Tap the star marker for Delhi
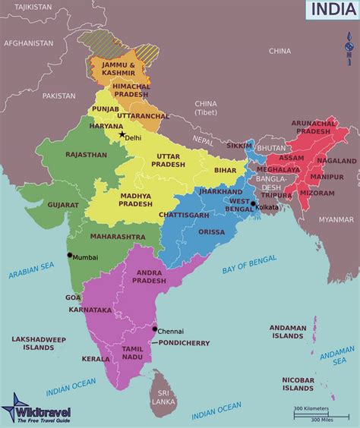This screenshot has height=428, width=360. click(121, 134)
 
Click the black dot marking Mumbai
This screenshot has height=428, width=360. click(70, 255)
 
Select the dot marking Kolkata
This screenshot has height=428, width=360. click(253, 203)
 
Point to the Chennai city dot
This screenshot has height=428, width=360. click(155, 329)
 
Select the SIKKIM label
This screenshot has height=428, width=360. click(239, 144)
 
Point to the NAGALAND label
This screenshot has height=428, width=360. click(336, 161)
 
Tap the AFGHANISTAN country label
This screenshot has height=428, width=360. click(28, 43)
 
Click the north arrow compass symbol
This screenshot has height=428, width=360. click(348, 47)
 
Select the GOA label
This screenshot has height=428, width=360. click(73, 297)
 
